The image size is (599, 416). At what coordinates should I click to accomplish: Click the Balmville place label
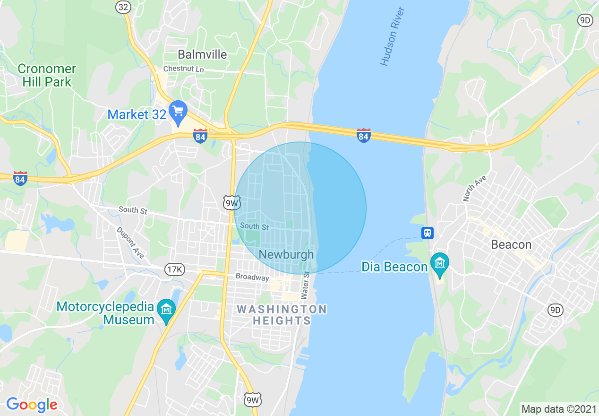pos(202,54)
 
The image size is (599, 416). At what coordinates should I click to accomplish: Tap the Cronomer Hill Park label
pos(47,75)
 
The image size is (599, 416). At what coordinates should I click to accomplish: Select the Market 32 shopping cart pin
pos(178,113)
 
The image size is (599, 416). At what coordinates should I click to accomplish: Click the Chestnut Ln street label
pos(183,69)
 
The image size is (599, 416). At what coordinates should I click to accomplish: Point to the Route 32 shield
pos(123,7)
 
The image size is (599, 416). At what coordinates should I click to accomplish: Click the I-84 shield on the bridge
pos(363,136)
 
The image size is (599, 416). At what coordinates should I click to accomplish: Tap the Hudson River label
pos(393,36)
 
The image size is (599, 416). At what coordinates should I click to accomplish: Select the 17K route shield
pos(174,269)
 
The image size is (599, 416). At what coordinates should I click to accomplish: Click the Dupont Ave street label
pos(130,242)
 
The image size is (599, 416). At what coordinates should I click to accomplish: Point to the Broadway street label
pos(252,277)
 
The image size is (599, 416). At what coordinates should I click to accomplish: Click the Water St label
pos(305,285)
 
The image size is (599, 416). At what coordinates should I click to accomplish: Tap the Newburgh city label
pos(286,254)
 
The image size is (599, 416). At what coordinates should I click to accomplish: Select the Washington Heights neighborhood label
pos(282,315)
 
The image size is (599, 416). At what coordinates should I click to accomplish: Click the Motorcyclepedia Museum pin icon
pos(166,310)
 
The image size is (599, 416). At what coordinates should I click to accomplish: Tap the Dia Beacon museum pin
pos(440,263)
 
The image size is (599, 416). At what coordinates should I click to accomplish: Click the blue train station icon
pos(427,233)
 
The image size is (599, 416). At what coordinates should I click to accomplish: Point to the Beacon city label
pos(511,244)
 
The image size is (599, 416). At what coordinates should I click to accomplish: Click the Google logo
pos(32,405)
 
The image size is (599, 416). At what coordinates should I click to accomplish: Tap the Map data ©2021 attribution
pos(559,409)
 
